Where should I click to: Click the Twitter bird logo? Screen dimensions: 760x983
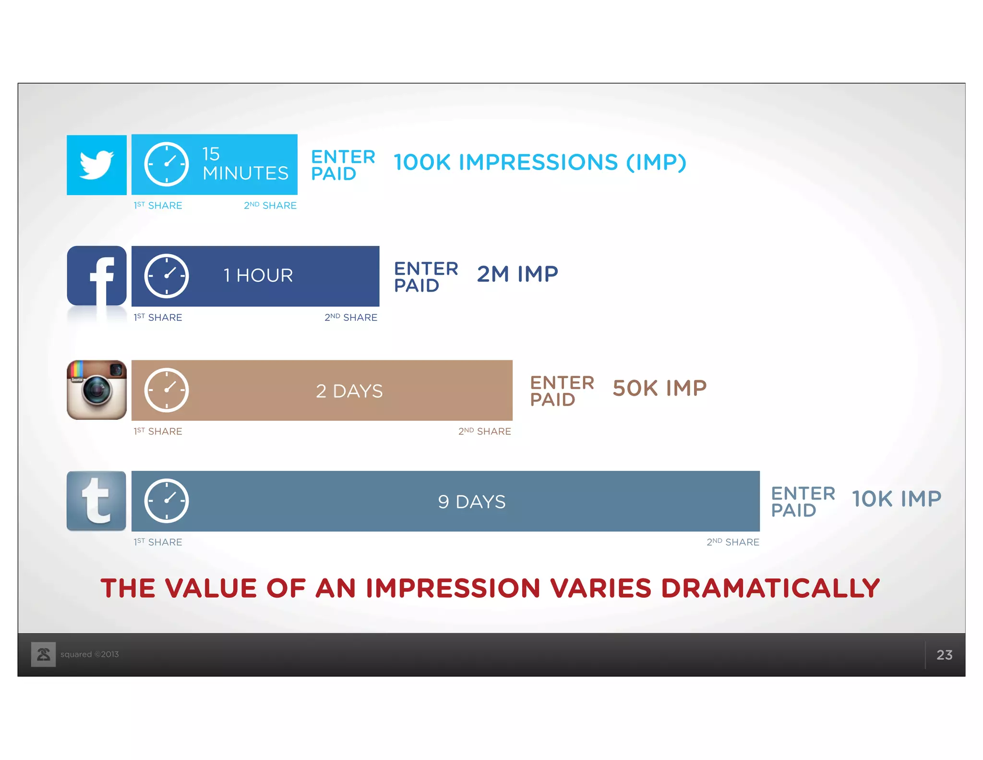(x=96, y=165)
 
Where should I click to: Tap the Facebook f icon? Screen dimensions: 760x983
(x=96, y=276)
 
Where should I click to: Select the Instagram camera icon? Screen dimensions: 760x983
(x=96, y=390)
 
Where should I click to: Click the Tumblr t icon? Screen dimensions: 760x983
(x=96, y=501)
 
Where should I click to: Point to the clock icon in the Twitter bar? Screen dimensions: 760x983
(x=166, y=164)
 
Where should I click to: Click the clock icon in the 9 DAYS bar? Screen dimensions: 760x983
(x=166, y=501)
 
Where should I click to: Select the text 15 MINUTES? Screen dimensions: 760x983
(x=245, y=164)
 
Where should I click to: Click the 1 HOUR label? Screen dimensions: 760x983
(x=258, y=276)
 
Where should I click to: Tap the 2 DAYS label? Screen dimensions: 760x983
(x=349, y=391)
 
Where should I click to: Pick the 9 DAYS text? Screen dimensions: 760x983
(x=471, y=502)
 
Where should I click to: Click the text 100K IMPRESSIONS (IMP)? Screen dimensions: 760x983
(x=539, y=162)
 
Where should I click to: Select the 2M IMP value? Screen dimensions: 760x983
(x=517, y=274)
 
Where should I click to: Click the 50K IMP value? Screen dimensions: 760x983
(x=659, y=388)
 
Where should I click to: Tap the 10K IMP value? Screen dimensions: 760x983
(x=896, y=499)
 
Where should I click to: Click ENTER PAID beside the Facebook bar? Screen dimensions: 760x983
(x=425, y=277)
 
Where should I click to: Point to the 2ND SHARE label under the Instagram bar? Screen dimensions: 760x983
(x=484, y=431)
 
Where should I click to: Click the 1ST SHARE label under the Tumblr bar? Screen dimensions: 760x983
(x=158, y=542)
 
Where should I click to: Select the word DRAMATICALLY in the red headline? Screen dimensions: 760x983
(x=770, y=588)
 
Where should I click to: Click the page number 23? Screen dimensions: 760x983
(x=944, y=655)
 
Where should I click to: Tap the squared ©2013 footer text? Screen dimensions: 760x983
(x=89, y=654)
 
